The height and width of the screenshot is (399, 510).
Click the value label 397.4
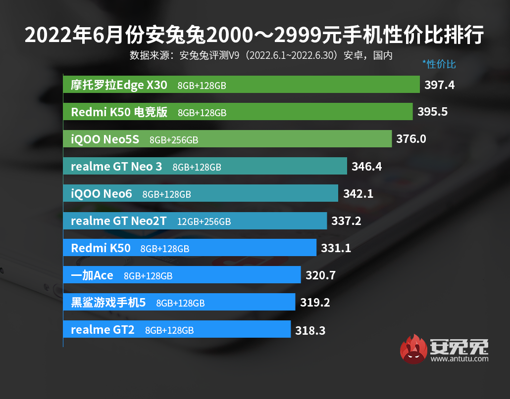tap(439, 85)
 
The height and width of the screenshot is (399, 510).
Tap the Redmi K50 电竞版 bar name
tap(119, 112)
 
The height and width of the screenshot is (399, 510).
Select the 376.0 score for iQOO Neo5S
tap(411, 139)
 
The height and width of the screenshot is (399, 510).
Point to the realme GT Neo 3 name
tap(116, 167)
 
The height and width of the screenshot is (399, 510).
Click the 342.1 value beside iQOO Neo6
tap(358, 194)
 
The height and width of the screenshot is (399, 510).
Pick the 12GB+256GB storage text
tap(204, 222)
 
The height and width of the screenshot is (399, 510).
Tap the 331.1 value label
tap(336, 248)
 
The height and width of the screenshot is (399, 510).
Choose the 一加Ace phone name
tap(92, 275)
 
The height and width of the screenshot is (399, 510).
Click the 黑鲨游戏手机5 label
tap(108, 303)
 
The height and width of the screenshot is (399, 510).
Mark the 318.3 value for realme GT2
tap(310, 330)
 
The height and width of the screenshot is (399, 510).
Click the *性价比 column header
tap(439, 64)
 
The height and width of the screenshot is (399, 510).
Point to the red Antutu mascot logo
tap(414, 349)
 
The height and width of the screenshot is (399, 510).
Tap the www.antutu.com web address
tap(459, 359)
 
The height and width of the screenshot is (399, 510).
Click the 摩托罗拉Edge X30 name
tap(119, 85)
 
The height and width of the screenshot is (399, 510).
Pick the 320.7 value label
tap(320, 275)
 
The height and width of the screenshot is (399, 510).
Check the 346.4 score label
tap(366, 167)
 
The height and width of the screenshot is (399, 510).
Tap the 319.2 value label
tap(315, 303)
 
